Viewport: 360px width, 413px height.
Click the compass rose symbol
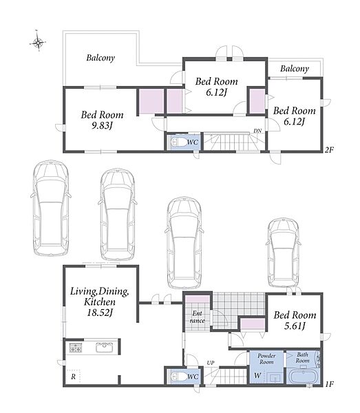point(38,42)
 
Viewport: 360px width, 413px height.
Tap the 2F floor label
point(328,150)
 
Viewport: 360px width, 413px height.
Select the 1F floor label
point(329,384)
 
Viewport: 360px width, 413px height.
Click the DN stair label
point(257,131)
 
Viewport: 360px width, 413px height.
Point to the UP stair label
point(211,363)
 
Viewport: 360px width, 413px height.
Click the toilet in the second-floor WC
point(178,142)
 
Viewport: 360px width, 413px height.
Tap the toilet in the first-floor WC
point(178,377)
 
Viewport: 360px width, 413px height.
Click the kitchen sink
point(105,348)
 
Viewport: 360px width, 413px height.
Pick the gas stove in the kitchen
point(76,348)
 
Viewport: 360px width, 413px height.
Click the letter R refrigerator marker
point(73,377)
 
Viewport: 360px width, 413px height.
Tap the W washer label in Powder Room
point(257,375)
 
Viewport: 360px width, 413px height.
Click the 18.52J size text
point(100,313)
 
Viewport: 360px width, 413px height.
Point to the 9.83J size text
point(102,126)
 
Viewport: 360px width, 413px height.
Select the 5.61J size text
point(295,326)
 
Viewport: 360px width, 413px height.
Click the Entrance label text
point(198,317)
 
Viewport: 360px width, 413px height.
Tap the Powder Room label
point(266,359)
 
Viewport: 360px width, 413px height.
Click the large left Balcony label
point(100,58)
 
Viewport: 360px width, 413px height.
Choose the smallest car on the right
point(284,253)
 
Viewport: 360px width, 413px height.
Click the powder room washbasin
point(275,377)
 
